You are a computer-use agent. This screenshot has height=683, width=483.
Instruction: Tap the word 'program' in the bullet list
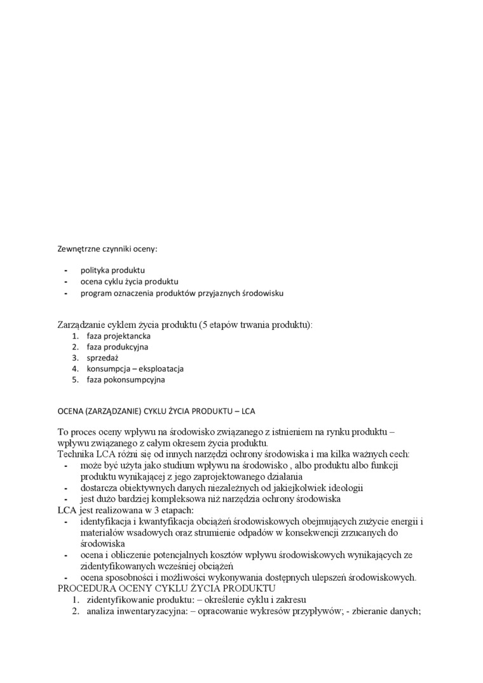[96, 293]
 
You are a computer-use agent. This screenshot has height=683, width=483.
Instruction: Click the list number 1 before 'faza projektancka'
[74, 335]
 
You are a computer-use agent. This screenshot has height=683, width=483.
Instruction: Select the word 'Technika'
[76, 454]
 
